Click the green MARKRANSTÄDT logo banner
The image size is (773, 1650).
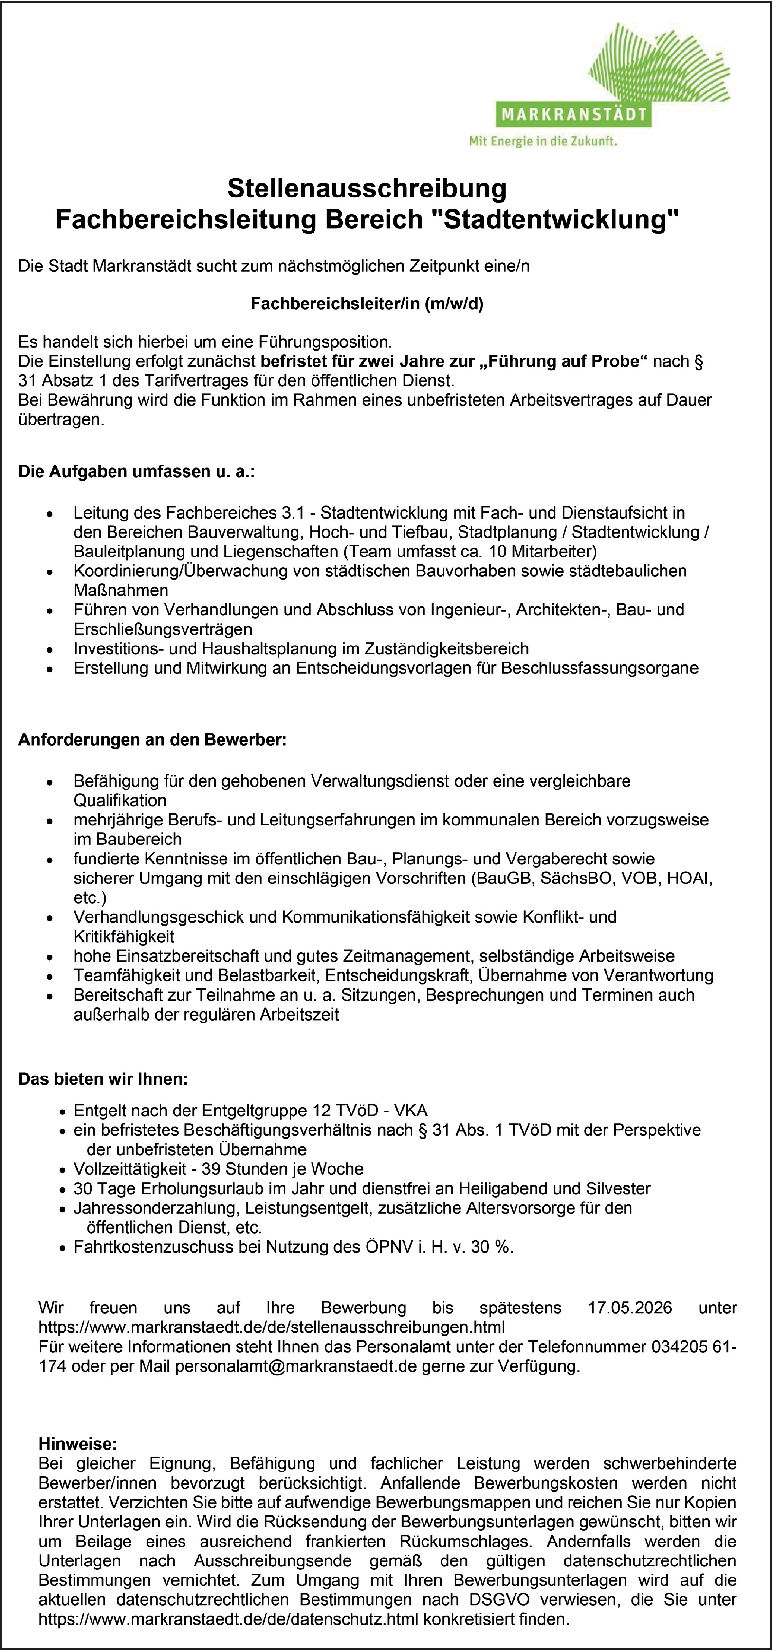573,116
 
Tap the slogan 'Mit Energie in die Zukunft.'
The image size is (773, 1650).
543,142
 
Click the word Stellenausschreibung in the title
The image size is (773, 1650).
367,188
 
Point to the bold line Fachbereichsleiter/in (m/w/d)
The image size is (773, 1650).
367,303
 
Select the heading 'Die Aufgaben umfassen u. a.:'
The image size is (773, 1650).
136,472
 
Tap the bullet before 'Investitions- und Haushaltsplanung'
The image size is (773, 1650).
49,649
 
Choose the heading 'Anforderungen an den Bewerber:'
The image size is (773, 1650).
152,740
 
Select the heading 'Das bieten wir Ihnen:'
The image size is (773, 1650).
103,1079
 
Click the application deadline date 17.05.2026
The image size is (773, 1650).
629,1308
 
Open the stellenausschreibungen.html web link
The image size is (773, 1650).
272,1326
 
